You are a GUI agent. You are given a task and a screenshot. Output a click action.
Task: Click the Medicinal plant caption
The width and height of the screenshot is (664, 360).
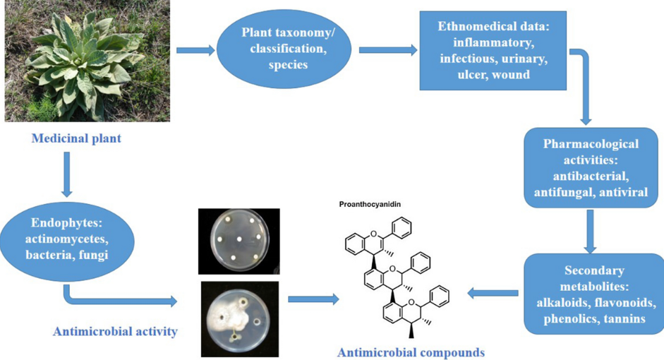click(x=76, y=138)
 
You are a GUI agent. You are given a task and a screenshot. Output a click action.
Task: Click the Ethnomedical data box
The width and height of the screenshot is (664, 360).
click(x=492, y=51)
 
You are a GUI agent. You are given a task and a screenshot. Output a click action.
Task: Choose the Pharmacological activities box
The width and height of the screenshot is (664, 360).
click(x=590, y=168)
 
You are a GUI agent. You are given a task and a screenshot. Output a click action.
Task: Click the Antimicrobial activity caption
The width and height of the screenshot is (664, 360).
click(x=114, y=330)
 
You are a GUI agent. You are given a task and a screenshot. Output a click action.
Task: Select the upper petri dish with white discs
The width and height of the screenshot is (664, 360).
click(x=239, y=241)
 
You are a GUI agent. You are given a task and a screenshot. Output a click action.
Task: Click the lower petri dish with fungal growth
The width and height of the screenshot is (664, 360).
click(x=239, y=318)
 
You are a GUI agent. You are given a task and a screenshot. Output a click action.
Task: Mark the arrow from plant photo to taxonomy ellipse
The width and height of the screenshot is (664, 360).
click(x=195, y=50)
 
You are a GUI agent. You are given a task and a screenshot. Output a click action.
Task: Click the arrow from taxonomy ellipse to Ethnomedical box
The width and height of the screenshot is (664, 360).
click(x=387, y=50)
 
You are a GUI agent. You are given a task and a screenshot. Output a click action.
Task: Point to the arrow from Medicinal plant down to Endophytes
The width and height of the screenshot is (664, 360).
click(x=67, y=174)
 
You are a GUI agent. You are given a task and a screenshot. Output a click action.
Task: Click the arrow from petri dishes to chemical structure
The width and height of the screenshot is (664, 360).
click(x=313, y=299)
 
